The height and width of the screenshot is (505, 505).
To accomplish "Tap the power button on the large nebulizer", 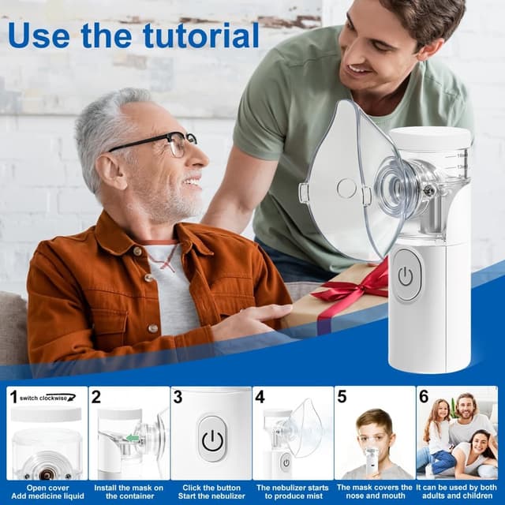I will [406, 275].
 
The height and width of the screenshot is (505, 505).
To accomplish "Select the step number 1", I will [13, 397].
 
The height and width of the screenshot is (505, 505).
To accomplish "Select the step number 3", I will [178, 397].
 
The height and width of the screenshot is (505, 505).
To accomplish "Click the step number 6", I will [424, 397].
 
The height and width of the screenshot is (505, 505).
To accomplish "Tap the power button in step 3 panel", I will [211, 440].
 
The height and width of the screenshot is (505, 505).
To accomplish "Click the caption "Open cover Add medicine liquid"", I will [47, 492].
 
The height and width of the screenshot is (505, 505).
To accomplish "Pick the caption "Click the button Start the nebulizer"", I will [211, 492].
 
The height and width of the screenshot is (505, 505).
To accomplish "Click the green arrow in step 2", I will [133, 439].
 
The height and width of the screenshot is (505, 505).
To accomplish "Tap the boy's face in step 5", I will [376, 434].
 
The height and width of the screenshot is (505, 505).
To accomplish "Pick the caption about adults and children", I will [458, 492].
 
